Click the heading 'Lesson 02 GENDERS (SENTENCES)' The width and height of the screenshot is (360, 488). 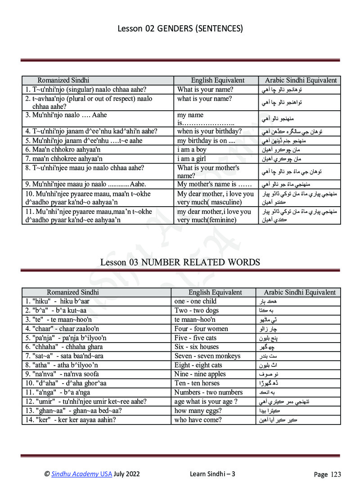pyautogui.click(x=180, y=29)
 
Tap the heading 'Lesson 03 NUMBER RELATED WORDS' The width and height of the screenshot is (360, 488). pyautogui.click(x=180, y=262)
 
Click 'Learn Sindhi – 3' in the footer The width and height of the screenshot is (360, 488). pyautogui.click(x=213, y=474)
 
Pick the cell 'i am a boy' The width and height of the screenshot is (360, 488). pyautogui.click(x=192, y=149)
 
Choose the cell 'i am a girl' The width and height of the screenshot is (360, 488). pyautogui.click(x=192, y=158)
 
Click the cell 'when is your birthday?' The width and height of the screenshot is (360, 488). pyautogui.click(x=210, y=131)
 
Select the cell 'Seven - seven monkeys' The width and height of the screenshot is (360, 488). pyautogui.click(x=207, y=356)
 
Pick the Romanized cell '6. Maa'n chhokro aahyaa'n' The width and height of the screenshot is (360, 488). pyautogui.click(x=63, y=149)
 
